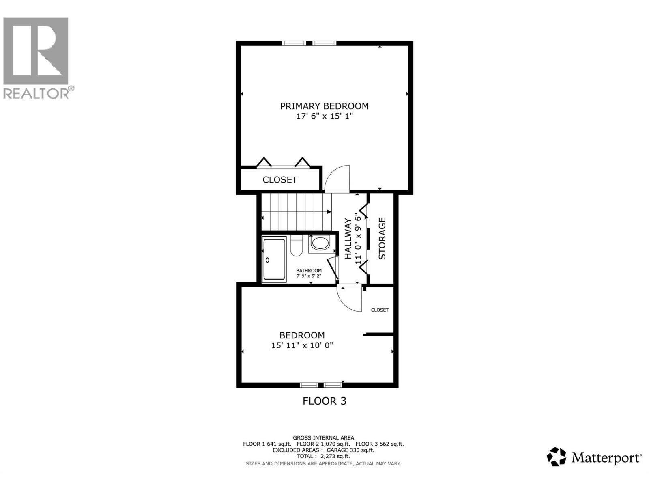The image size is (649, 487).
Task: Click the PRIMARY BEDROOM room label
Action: (x=324, y=106)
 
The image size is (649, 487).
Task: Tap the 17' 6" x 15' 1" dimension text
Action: (x=324, y=116)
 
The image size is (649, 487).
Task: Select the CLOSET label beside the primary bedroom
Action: (x=279, y=180)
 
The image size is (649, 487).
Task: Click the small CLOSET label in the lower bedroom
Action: (x=380, y=310)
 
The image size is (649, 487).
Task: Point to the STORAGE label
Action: (x=382, y=239)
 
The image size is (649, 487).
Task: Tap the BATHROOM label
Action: (x=309, y=271)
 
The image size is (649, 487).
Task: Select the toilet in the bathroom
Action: (x=296, y=246)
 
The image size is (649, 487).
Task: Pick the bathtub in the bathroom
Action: (x=274, y=260)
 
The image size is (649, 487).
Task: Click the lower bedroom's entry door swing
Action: (x=350, y=299)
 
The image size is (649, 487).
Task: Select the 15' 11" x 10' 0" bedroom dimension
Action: (x=302, y=346)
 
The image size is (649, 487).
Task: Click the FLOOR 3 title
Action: (x=324, y=401)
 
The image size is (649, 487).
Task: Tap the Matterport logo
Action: (x=594, y=457)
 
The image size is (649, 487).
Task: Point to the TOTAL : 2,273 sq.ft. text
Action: (x=323, y=456)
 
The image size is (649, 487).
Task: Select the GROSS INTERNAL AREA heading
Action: (x=323, y=437)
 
